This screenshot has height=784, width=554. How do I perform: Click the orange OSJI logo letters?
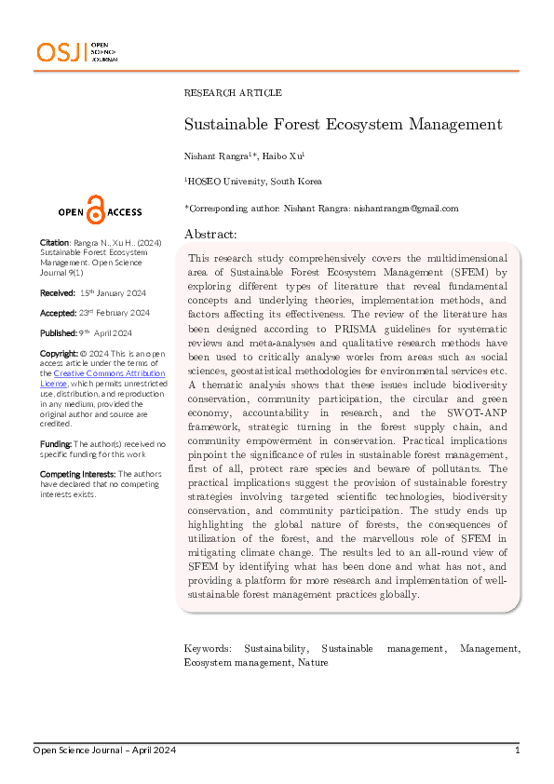click(x=59, y=53)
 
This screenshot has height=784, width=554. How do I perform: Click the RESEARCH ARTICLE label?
click(x=232, y=93)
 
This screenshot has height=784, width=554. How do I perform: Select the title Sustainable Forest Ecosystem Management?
click(x=343, y=125)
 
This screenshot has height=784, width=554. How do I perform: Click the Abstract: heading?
click(x=210, y=234)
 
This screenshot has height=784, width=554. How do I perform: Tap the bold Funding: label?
click(x=56, y=445)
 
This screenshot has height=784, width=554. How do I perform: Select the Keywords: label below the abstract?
click(x=208, y=647)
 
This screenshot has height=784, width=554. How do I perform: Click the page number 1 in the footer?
click(x=517, y=750)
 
